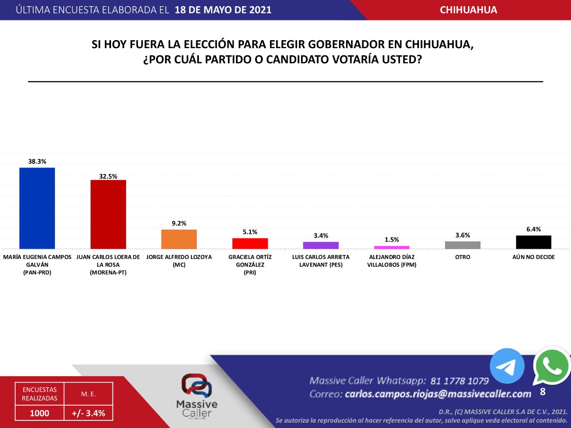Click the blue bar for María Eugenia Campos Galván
[x=37, y=208]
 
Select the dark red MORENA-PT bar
[x=108, y=214]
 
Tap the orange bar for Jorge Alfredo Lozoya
[x=179, y=239]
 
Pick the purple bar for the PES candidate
[x=321, y=245]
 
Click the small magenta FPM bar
[x=392, y=247]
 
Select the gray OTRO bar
[x=463, y=245]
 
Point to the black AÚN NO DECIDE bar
[x=534, y=242]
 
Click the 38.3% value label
[x=37, y=161]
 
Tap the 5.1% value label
[x=250, y=232]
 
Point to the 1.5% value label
[x=392, y=240]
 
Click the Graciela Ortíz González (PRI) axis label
[x=250, y=264]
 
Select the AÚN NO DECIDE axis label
[x=534, y=257]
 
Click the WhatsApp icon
[x=551, y=366]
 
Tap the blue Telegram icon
[x=507, y=366]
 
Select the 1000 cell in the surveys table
[x=39, y=413]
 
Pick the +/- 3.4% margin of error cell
[x=88, y=413]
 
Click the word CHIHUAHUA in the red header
[x=468, y=10]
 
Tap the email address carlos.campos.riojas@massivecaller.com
[x=438, y=394]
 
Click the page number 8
[x=542, y=392]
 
